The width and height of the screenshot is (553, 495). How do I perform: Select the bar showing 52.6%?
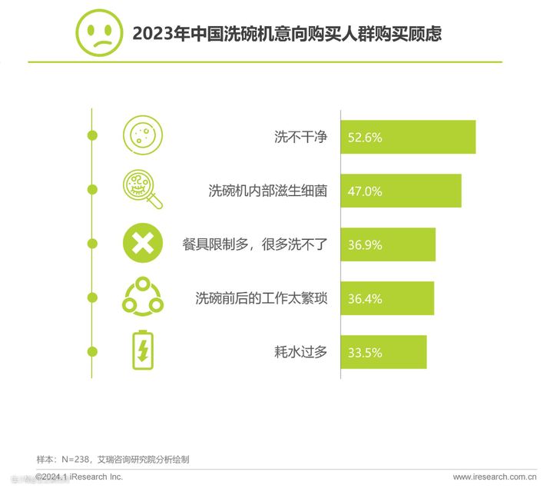[x=408, y=138]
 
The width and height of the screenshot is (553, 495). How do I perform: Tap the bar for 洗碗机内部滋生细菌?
[x=400, y=191]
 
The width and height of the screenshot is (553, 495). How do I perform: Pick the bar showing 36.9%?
[x=388, y=244]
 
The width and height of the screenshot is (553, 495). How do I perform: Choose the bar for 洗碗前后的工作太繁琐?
[x=387, y=298]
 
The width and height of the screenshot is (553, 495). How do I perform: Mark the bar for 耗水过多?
[x=383, y=352]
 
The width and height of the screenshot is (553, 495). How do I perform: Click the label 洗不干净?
[x=301, y=138]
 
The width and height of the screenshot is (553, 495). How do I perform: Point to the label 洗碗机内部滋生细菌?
[x=268, y=191]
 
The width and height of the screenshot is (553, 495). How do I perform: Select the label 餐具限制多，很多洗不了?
[x=256, y=244]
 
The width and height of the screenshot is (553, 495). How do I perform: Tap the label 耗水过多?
[x=301, y=352]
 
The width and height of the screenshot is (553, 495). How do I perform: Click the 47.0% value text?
[x=365, y=191]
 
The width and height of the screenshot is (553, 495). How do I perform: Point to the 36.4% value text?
[x=365, y=298]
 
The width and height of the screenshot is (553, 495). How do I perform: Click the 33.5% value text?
[x=365, y=352]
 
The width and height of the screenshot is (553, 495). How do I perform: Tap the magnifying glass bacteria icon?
[x=143, y=190]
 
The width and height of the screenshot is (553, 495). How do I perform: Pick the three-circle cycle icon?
[x=143, y=297]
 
